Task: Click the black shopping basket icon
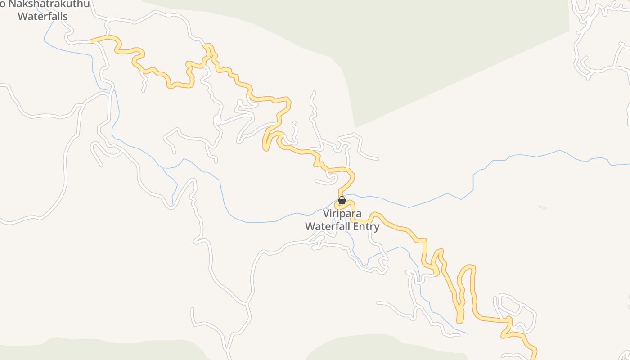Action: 342,200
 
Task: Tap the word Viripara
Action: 342,213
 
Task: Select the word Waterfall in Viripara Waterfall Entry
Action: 328,226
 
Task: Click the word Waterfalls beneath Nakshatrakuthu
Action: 43,17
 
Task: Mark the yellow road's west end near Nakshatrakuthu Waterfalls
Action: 92,41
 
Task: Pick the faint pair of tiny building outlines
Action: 542,207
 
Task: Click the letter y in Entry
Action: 376,227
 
